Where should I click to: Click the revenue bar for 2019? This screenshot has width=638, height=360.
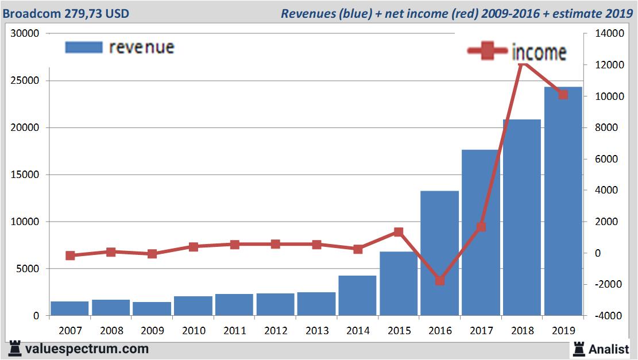point(563,201)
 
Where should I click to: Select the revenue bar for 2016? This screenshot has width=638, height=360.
point(439,253)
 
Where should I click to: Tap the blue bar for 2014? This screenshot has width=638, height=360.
point(357,295)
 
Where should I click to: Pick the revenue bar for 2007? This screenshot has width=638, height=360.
point(69,308)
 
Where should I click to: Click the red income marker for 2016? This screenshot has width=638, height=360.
point(440,281)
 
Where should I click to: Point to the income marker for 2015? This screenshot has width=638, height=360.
point(399,232)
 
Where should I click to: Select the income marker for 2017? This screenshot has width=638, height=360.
point(481,227)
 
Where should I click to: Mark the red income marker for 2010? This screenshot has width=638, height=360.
point(194,247)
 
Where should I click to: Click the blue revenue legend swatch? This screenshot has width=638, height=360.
point(84,47)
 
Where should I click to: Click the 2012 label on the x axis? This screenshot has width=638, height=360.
point(276,331)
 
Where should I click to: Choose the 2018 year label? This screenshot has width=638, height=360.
point(522,331)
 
